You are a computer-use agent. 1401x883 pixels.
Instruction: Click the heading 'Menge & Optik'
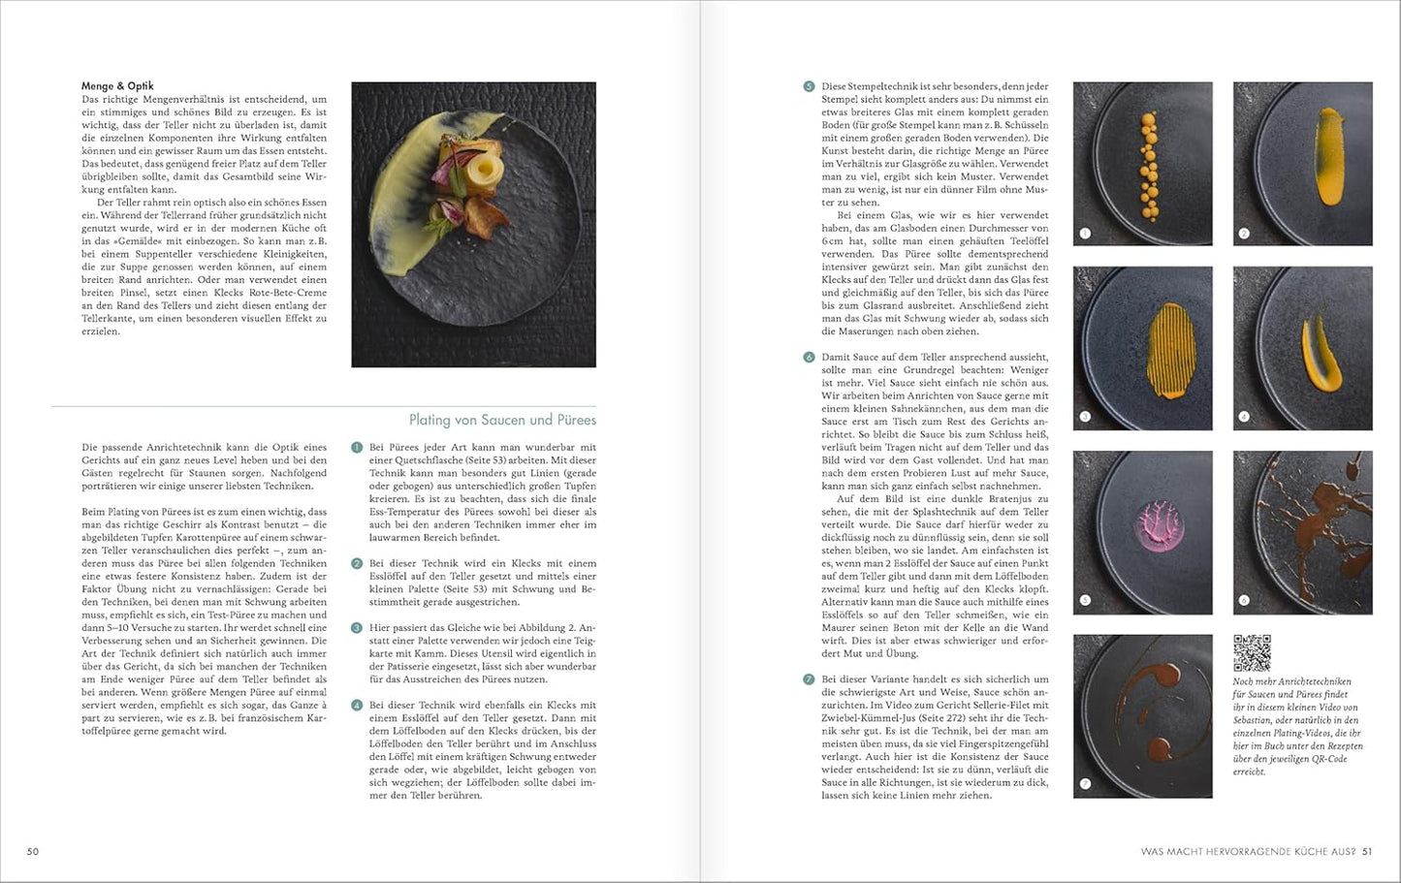(x=117, y=86)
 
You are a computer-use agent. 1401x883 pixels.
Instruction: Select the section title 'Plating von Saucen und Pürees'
(x=502, y=420)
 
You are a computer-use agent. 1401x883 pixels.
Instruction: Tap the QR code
(x=1252, y=653)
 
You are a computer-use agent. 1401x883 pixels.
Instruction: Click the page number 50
(x=33, y=852)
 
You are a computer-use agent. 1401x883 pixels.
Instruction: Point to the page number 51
(x=1367, y=852)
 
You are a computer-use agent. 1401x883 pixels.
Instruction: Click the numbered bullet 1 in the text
(x=357, y=448)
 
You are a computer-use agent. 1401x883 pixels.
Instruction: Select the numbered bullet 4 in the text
(x=357, y=705)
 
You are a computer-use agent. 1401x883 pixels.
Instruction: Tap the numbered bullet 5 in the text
(x=809, y=86)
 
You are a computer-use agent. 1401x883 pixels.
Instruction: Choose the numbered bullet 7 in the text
(x=809, y=679)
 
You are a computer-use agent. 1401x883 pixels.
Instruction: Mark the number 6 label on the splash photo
(x=1244, y=602)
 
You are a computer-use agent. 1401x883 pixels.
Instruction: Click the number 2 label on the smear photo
(x=1244, y=234)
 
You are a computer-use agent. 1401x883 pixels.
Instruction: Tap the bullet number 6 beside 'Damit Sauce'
(x=809, y=357)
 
